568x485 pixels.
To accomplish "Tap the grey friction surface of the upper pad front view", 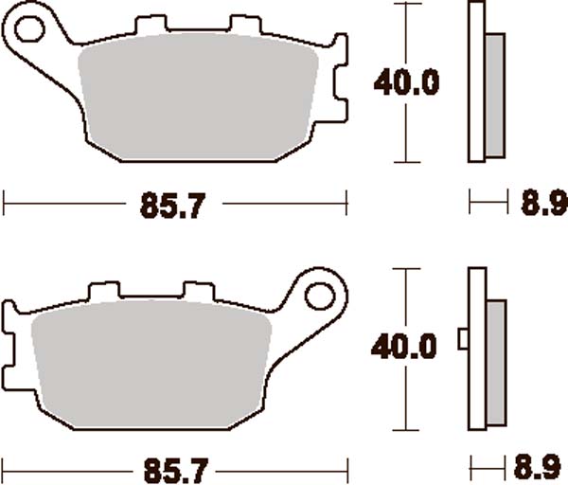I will (x=199, y=99).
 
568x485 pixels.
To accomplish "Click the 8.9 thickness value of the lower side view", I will (x=538, y=468).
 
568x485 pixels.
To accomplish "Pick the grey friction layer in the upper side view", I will (x=494, y=96).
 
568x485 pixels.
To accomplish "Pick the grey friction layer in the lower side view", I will (x=495, y=363).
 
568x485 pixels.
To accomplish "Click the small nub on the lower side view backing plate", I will (x=463, y=337).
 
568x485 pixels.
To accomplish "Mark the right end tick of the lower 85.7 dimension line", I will (x=348, y=467).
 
